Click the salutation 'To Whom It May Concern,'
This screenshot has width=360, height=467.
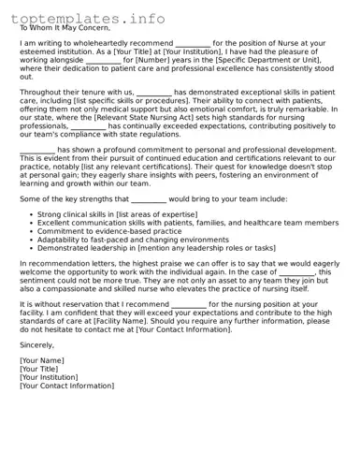click(x=64, y=28)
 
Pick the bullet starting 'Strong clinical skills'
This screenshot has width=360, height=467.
click(x=117, y=215)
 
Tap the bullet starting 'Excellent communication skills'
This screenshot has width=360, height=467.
click(x=188, y=224)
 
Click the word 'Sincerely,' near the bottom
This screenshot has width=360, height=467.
click(x=36, y=344)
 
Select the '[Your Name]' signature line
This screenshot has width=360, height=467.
click(x=42, y=360)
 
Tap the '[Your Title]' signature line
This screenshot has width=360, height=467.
click(x=40, y=369)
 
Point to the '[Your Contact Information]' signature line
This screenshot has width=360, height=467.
click(x=66, y=386)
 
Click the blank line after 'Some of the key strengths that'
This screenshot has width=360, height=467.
click(x=148, y=199)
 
